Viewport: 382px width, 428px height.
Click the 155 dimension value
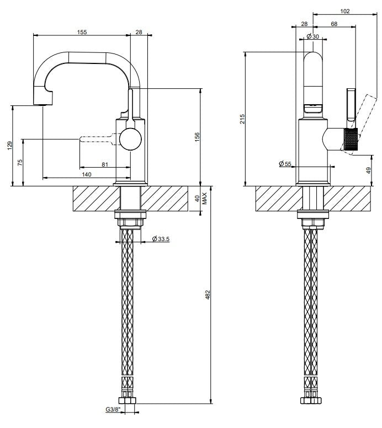pos(82,32)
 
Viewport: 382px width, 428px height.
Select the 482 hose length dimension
pos(208,295)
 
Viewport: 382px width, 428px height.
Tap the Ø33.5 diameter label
pos(161,239)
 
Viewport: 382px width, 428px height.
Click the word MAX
pos(205,199)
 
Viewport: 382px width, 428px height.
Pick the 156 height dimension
pos(197,137)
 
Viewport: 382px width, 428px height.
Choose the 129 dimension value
pos(9,146)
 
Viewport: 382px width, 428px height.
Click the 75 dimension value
pos(20,163)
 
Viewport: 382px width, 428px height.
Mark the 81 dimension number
pos(105,164)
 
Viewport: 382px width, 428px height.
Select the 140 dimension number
pos(87,174)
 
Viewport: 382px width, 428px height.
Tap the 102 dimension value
pos(345,11)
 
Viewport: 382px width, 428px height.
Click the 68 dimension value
pos(334,24)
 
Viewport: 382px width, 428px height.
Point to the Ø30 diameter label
pos(312,36)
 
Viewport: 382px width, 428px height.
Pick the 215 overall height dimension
pos(242,119)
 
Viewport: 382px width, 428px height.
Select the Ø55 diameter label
pos(285,164)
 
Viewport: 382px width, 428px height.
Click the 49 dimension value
pos(369,170)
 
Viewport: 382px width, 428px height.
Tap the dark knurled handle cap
pos(351,139)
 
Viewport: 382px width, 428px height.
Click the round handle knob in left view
pos(131,139)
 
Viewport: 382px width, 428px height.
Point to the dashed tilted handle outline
pos(361,125)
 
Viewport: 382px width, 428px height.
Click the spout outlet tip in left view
pos(43,105)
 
